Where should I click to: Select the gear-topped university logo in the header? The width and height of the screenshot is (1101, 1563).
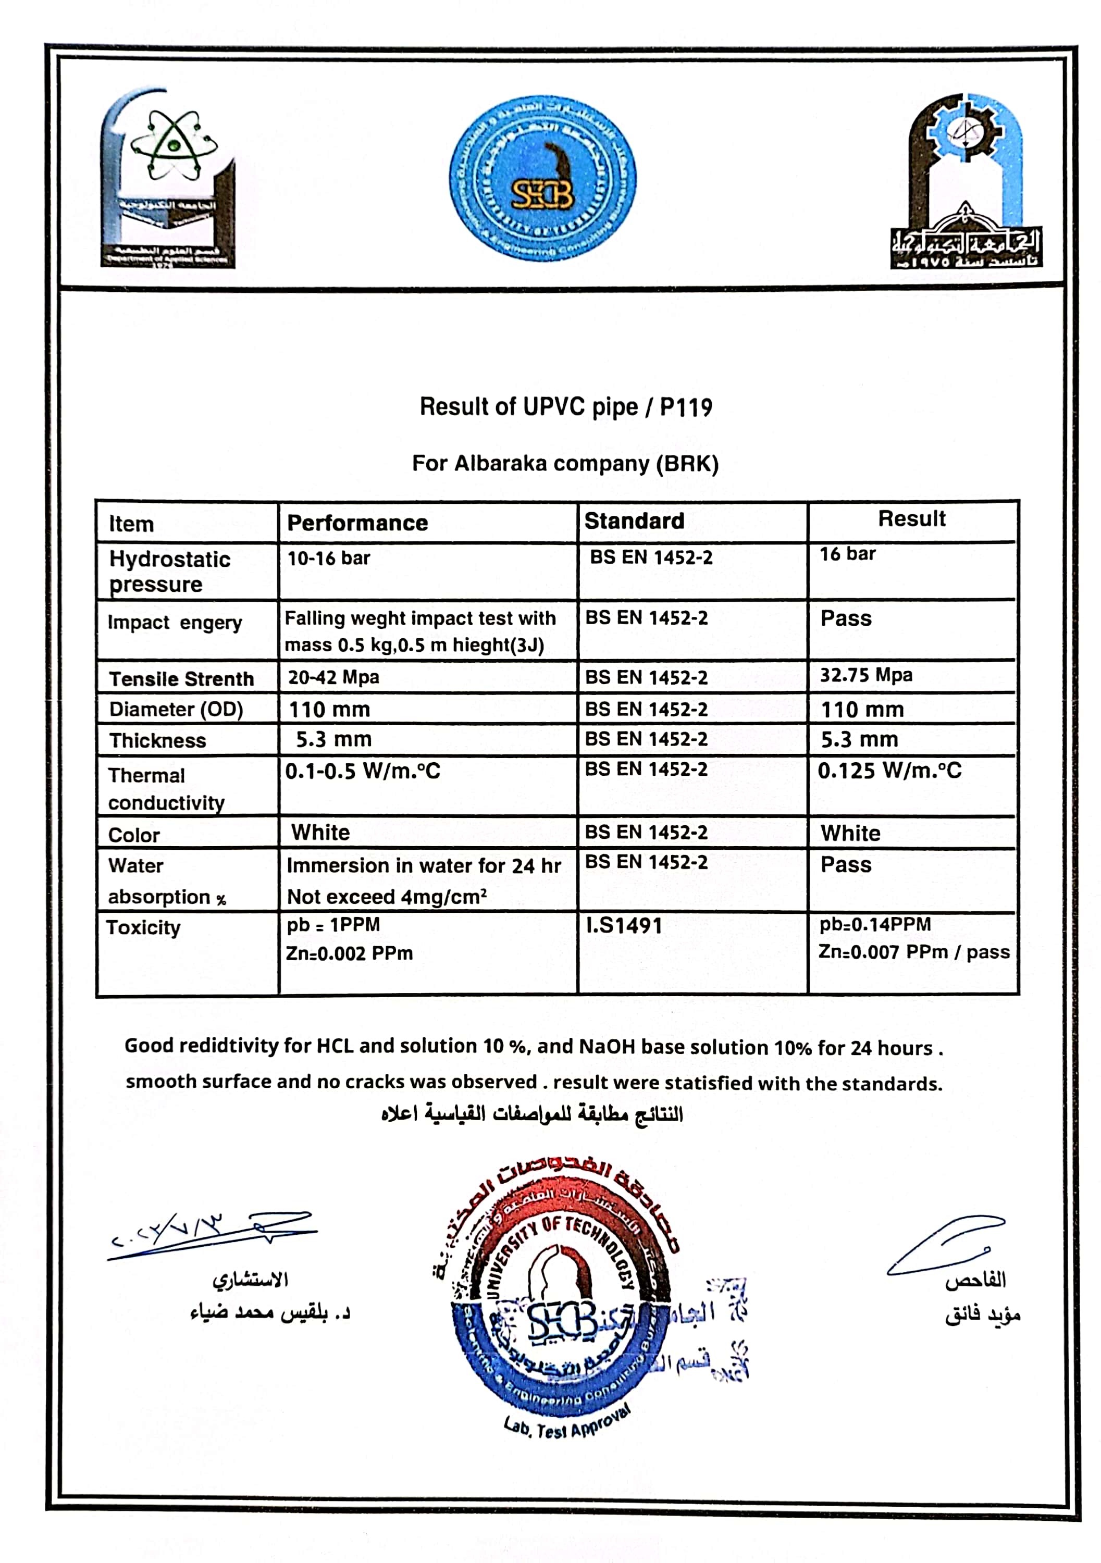point(965,182)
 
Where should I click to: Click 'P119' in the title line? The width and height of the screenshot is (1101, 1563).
point(686,407)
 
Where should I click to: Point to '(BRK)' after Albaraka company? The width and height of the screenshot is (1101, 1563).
point(687,464)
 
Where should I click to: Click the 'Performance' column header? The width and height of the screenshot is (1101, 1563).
point(357,523)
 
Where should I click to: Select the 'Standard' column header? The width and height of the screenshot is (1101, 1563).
point(634,521)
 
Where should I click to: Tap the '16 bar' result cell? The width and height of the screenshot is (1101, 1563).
point(847,554)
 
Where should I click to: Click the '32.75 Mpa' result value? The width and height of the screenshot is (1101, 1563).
point(865,675)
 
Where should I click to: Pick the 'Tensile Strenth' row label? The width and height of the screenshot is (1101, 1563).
point(181,679)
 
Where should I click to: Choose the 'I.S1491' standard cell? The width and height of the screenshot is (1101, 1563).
point(624,926)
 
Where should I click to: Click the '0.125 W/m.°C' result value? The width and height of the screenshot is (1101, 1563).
point(889,771)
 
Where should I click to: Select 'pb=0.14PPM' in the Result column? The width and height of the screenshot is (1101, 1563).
point(875,924)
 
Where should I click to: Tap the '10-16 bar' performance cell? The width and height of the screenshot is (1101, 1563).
point(328,558)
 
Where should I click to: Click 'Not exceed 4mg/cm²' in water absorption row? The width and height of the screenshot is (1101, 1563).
point(386,897)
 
